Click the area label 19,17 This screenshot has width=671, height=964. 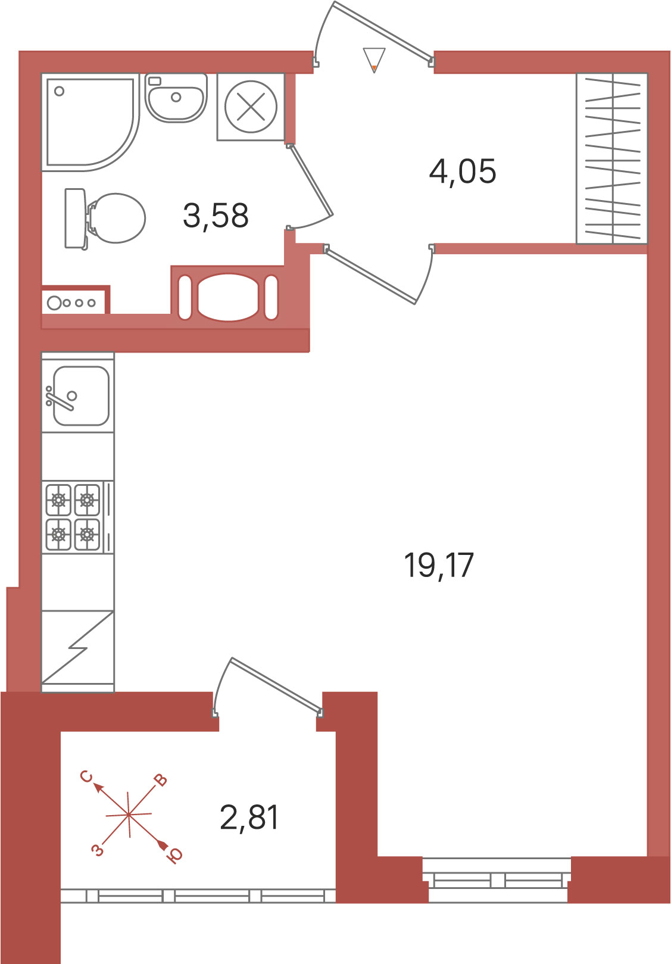tap(439, 566)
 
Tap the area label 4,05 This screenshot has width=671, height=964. tap(462, 171)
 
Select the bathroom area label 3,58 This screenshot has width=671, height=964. tap(216, 216)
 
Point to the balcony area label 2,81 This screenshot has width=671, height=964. tap(249, 818)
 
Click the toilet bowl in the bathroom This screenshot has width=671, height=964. tap(105, 218)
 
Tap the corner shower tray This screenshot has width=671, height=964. tap(90, 122)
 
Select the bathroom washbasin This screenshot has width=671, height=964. tap(176, 97)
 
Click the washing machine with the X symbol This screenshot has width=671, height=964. tap(251, 107)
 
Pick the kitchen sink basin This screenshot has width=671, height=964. tap(81, 396)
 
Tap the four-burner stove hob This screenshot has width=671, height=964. tap(77, 517)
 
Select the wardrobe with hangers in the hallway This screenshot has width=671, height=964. tap(611, 159)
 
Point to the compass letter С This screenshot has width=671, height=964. tap(86, 776)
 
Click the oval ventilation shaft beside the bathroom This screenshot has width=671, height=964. tap(229, 297)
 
